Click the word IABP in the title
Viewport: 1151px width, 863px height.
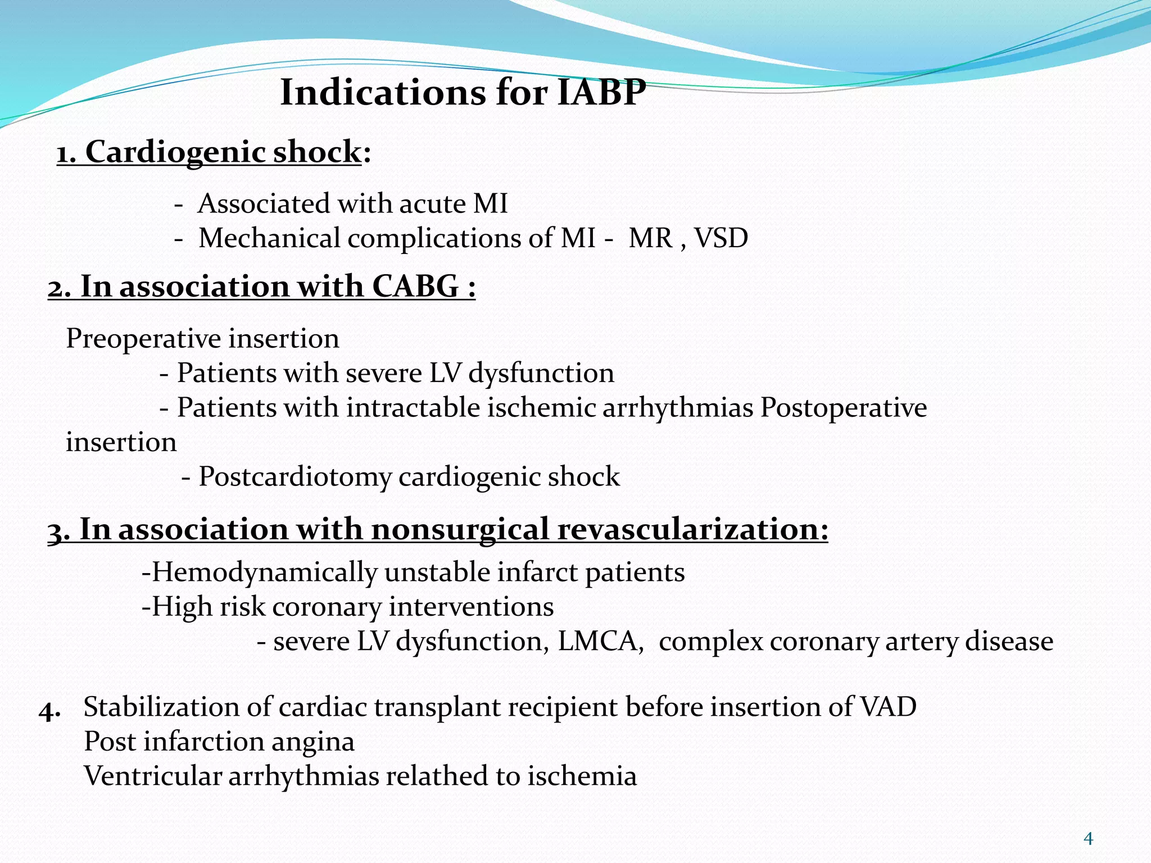(601, 92)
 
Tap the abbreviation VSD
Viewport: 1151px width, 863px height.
(721, 238)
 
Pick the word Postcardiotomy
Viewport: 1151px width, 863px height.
(295, 477)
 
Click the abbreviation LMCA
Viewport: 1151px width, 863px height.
(600, 642)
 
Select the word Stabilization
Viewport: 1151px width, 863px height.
(161, 707)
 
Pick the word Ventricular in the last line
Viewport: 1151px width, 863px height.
(152, 776)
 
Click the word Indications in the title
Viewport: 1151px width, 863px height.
(382, 92)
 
